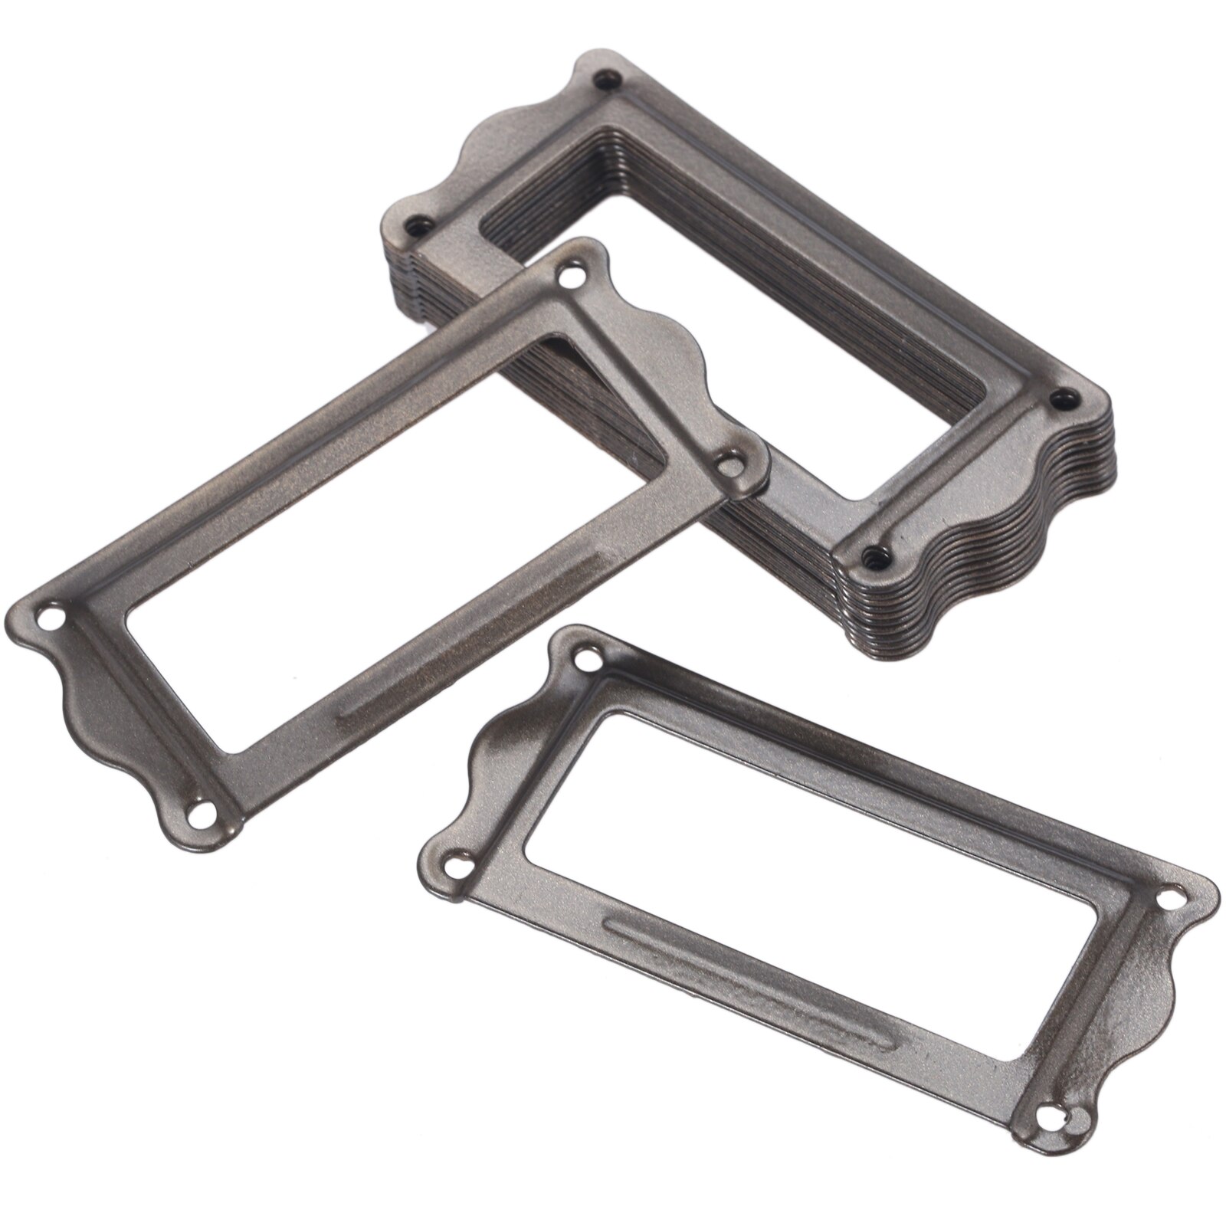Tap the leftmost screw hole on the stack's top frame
point(417,225)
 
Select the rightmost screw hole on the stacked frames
point(1062,396)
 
